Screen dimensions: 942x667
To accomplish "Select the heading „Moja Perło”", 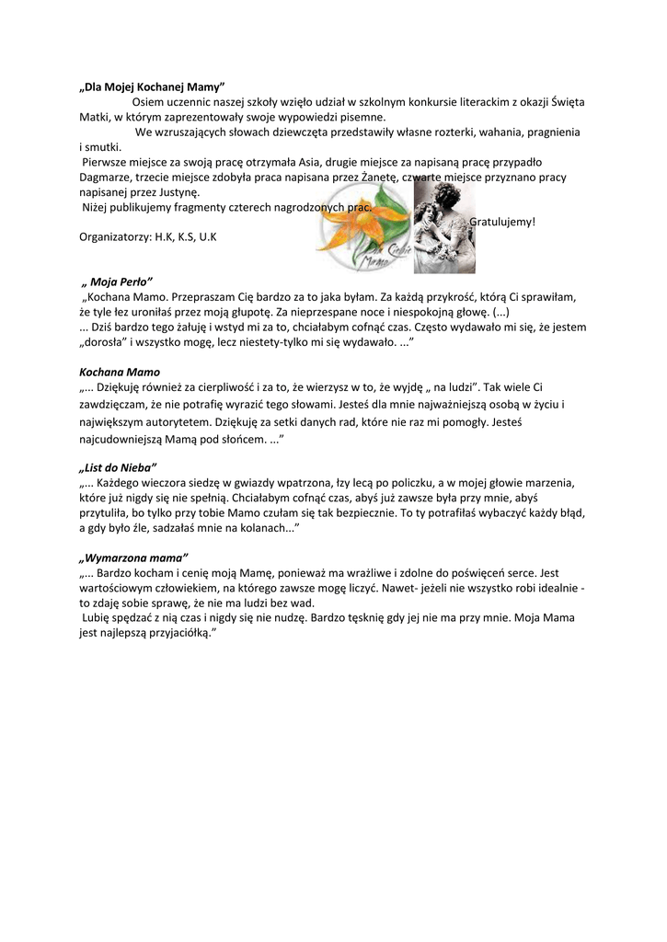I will (118, 281).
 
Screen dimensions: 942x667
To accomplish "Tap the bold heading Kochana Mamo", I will (120, 373).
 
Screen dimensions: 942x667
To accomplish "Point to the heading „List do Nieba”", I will (119, 466).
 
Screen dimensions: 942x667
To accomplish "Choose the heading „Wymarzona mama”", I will (133, 557).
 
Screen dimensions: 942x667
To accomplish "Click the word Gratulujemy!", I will (502, 223).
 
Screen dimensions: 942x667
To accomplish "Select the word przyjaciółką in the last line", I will (180, 634).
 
